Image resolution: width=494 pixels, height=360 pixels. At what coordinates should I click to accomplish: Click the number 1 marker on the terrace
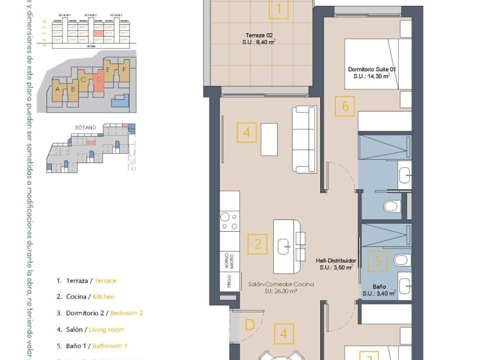[279, 9]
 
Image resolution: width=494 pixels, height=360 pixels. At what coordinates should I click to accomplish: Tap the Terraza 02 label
[259, 42]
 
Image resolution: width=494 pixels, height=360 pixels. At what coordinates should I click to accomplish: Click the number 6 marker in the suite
[345, 106]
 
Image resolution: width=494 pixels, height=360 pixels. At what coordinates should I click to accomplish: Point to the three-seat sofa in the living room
[304, 139]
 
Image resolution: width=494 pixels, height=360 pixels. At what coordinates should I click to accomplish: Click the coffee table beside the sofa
[269, 139]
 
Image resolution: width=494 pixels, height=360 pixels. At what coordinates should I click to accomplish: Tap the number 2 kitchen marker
[257, 244]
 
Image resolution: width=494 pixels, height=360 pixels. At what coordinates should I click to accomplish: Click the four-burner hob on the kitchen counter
[228, 221]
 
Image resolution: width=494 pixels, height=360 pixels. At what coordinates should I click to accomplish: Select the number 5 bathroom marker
[378, 261]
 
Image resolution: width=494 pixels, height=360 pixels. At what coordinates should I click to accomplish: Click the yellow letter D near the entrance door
[249, 325]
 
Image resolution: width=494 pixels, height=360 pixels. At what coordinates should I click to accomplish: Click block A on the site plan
[58, 89]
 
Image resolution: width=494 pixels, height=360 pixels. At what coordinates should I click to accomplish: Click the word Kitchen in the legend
[103, 297]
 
